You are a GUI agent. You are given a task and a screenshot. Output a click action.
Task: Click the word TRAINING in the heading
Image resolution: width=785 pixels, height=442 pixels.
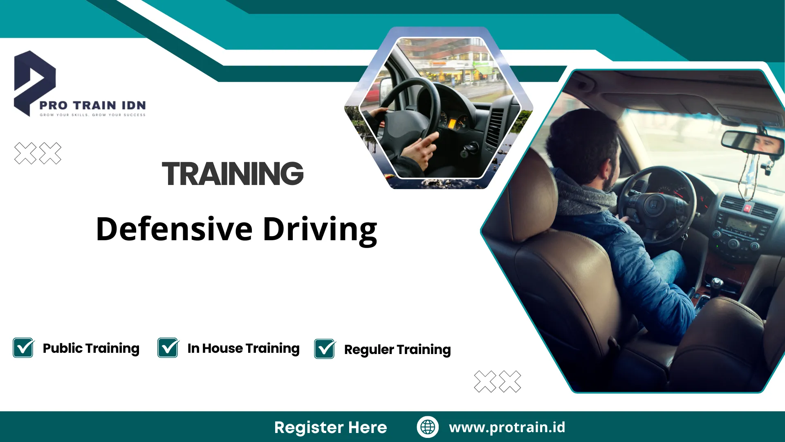click(233, 174)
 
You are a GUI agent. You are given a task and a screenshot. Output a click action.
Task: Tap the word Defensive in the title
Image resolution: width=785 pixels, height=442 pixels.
click(175, 229)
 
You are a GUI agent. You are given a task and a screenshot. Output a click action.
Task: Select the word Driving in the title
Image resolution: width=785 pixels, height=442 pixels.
click(320, 230)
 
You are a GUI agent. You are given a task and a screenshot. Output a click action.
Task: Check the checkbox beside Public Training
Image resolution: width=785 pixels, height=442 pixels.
click(23, 348)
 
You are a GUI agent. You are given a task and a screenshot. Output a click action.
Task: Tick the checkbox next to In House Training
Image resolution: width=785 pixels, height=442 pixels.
click(168, 348)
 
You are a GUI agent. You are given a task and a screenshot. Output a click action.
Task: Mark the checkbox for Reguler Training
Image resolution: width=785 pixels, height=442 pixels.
click(325, 349)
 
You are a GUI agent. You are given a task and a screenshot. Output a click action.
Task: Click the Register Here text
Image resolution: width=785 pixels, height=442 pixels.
click(330, 427)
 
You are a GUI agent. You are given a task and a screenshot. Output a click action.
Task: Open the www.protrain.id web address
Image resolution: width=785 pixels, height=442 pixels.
click(507, 427)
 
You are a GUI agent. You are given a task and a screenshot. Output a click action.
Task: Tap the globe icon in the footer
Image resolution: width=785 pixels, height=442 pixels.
click(428, 427)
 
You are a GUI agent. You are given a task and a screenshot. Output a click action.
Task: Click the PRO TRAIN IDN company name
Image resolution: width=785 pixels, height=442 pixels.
click(93, 105)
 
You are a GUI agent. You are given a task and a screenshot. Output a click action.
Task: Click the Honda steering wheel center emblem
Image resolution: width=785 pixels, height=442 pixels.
click(653, 203)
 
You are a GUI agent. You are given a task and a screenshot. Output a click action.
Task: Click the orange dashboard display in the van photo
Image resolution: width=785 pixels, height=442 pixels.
click(452, 124)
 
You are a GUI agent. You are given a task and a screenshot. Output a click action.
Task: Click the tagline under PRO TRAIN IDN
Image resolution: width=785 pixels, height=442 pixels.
click(93, 115)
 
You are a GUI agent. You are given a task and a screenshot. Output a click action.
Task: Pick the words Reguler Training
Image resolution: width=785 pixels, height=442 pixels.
click(397, 350)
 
